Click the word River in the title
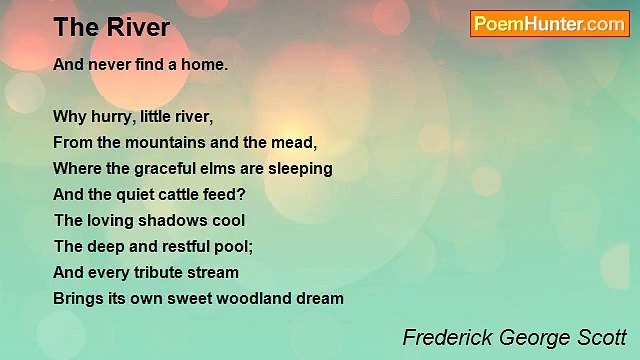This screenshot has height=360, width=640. coord(136,27)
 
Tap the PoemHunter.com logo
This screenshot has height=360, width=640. coord(549,24)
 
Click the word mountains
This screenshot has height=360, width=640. coord(171,143)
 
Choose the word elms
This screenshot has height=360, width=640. coord(221,169)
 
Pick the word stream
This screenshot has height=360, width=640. coord(213,273)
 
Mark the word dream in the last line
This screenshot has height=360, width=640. coord(320,298)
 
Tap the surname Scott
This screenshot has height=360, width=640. coord(597,336)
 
